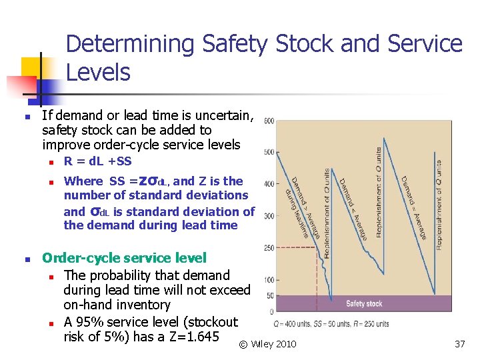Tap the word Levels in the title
coord(98,72)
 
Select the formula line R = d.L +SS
coord(98,161)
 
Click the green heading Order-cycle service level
coord(124,258)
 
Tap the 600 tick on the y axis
coord(268,121)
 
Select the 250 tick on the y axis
coord(268,247)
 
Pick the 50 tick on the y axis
coord(269,295)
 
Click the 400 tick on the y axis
coord(268,184)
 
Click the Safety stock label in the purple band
coord(364,304)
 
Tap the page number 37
coord(459,344)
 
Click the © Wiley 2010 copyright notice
coord(267,344)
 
